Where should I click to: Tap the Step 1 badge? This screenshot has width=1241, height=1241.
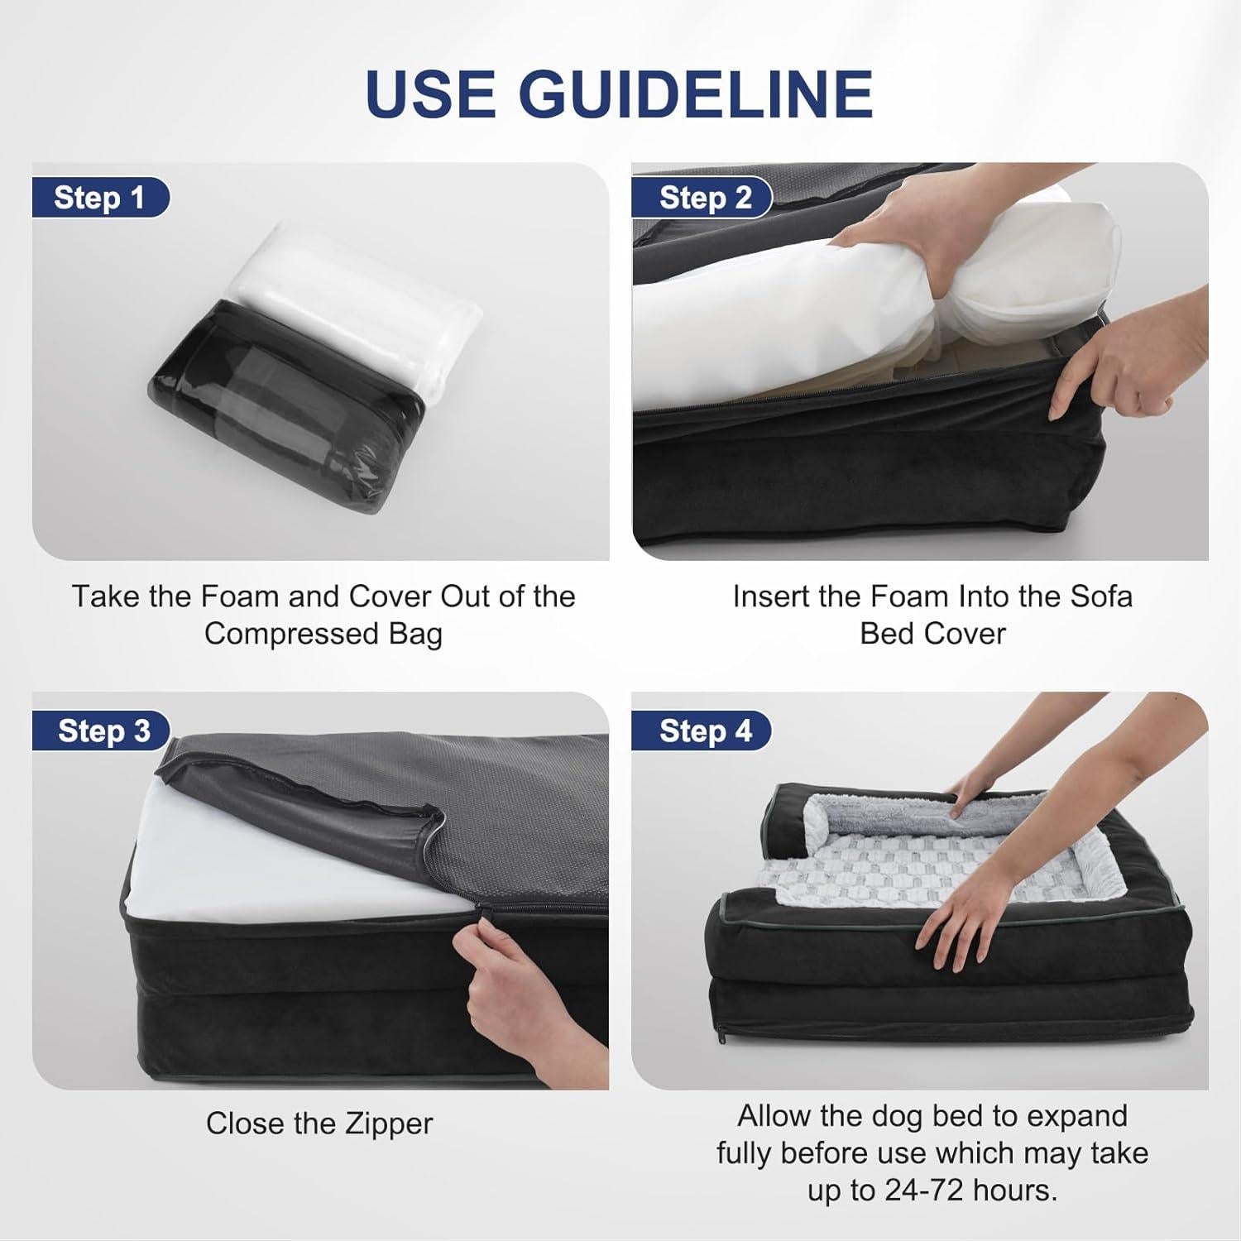tap(99, 199)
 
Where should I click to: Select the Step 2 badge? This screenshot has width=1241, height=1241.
tap(704, 199)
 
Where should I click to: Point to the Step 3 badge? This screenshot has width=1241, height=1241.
tap(103, 731)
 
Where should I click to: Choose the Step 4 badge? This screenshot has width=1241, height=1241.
tap(704, 731)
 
